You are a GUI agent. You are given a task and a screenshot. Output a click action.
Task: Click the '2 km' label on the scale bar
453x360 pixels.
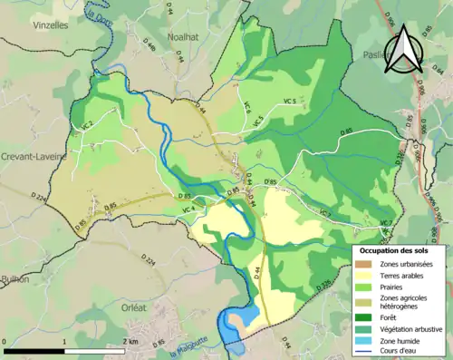coord(131,341)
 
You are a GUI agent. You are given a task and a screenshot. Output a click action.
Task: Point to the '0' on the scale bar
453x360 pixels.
coord(5,341)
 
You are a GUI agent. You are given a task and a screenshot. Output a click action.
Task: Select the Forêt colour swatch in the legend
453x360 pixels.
coord(362,316)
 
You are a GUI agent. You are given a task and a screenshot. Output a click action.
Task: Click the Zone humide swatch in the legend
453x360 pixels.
coord(362,341)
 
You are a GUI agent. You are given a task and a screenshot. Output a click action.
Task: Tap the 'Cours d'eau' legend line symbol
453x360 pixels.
coord(362,352)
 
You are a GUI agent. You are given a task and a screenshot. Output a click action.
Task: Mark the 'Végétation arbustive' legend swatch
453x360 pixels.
coord(362,328)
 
